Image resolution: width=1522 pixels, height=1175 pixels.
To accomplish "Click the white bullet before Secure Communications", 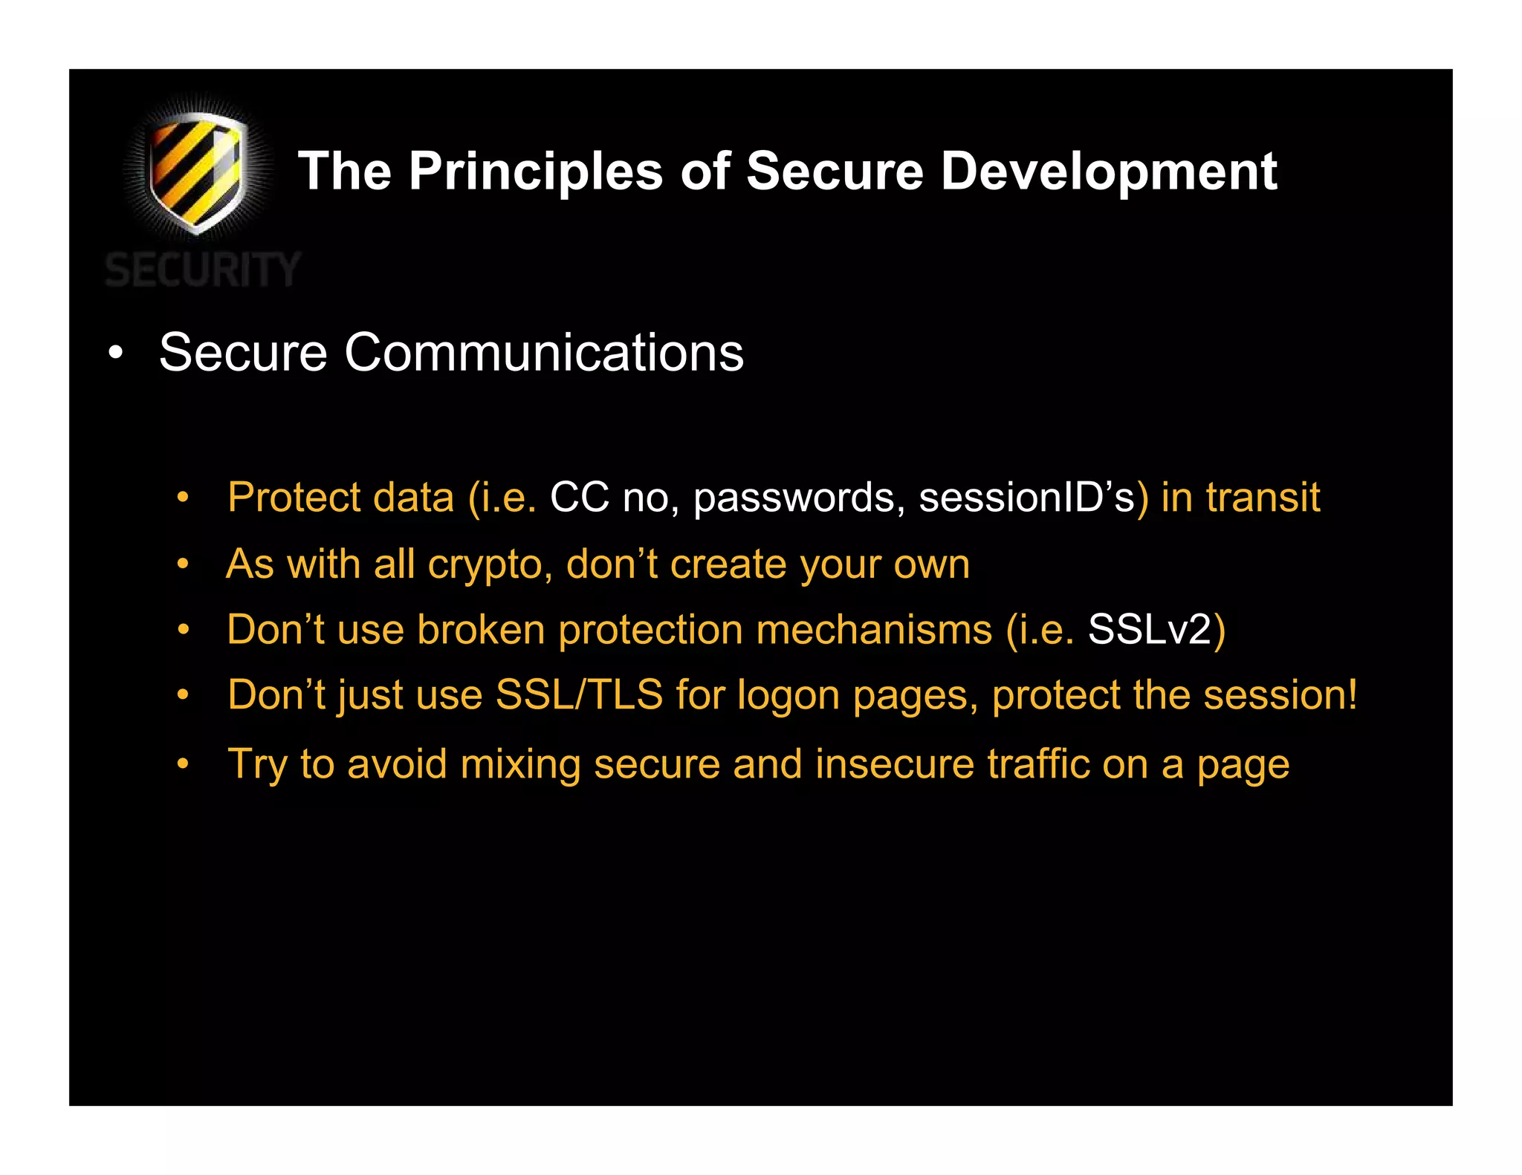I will coord(115,353).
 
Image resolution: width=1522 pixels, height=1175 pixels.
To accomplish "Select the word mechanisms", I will coord(874,630).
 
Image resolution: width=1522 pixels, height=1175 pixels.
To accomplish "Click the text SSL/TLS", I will coord(579,695).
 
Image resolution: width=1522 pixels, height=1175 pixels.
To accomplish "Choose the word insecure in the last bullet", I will coord(895,764).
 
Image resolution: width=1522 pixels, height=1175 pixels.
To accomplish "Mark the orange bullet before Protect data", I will coord(183,498).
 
